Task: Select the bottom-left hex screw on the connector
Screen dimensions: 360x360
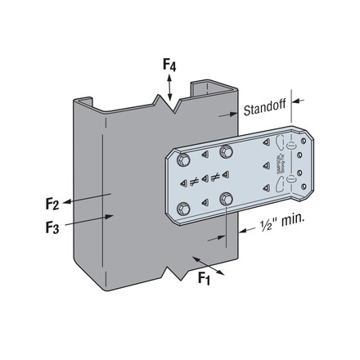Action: click(x=184, y=206)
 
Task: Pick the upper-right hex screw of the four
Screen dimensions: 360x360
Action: click(x=223, y=149)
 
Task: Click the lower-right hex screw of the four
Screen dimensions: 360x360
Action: click(x=224, y=197)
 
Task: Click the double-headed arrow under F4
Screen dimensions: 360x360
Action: click(x=170, y=86)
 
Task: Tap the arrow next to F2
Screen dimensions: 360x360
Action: click(x=86, y=196)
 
